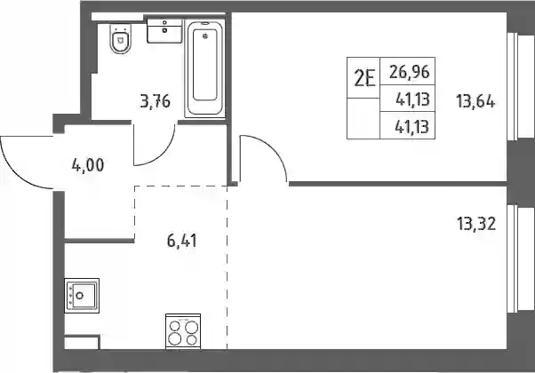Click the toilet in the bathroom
(x=121, y=38)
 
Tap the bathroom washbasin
(x=164, y=31)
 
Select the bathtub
(x=204, y=69)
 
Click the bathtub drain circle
(x=205, y=36)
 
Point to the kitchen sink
(x=82, y=296)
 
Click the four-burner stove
(x=183, y=331)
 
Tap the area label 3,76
(x=156, y=101)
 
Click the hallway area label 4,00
(x=88, y=166)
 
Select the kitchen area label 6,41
(x=182, y=241)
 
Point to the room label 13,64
(x=475, y=101)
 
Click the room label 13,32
(x=476, y=224)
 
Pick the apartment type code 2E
(x=364, y=78)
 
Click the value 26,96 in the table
(x=409, y=72)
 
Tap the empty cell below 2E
(x=363, y=119)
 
